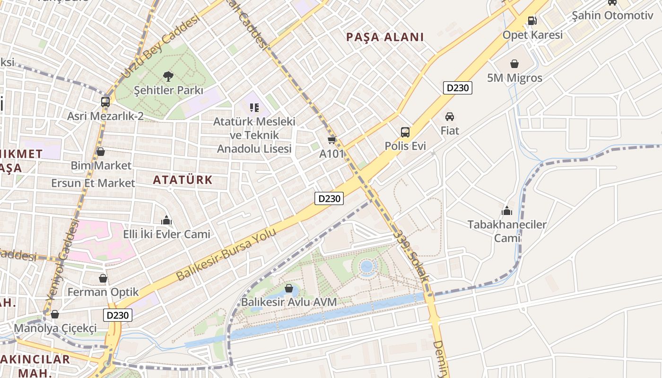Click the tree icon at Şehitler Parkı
point(167,76)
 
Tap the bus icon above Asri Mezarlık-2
point(105,102)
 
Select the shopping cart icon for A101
point(332,140)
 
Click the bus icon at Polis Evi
point(405,132)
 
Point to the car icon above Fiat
point(450,116)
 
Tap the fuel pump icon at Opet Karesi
point(532,20)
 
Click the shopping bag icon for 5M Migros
point(514,63)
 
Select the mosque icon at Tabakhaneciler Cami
point(507,210)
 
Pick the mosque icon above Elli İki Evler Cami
point(166,220)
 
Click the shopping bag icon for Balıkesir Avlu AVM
point(289,288)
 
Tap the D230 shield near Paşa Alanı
point(458,88)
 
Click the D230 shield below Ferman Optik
point(118,315)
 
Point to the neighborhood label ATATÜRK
point(183,180)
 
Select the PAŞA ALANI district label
point(385,37)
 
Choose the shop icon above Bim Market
point(100,152)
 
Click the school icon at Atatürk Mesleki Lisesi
point(254,108)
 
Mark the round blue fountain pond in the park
point(367,267)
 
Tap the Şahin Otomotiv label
point(612,15)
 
